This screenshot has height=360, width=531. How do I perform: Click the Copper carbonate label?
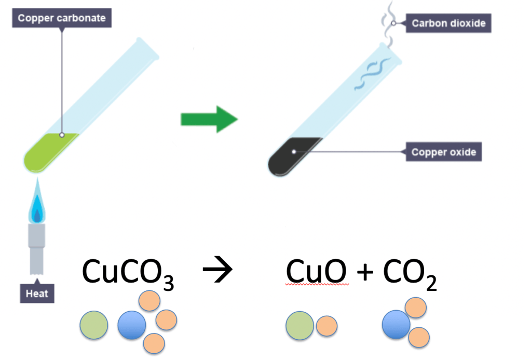(x=62, y=18)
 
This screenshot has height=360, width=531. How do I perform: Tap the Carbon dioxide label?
(x=448, y=23)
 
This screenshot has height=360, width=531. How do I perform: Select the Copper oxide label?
(x=443, y=152)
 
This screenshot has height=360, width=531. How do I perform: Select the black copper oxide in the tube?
(x=293, y=156)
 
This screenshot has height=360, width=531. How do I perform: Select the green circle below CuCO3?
(x=94, y=325)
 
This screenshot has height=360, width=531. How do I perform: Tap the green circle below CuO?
(x=299, y=326)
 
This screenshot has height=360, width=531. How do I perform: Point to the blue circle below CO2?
(x=396, y=324)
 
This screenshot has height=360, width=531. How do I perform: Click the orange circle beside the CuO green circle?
(x=327, y=326)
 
